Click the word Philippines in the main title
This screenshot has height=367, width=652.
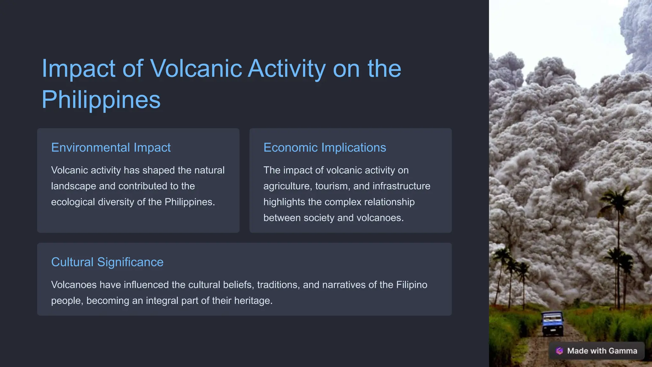101,99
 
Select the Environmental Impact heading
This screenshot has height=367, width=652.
111,148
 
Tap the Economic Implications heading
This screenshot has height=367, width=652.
324,148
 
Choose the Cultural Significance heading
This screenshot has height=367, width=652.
107,262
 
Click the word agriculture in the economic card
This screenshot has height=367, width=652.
287,186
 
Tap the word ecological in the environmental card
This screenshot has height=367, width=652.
73,202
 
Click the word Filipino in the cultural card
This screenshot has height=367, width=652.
411,285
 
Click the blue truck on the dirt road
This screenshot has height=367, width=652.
553,323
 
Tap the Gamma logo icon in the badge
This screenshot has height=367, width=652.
559,351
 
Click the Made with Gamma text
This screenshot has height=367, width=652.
602,351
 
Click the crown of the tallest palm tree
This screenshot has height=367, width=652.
617,199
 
